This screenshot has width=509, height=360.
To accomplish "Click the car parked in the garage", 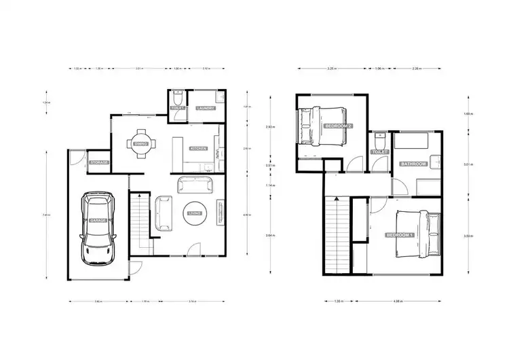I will [x=97, y=228].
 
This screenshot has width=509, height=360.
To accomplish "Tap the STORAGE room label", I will [x=98, y=162].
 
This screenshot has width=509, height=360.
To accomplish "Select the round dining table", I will [x=141, y=143].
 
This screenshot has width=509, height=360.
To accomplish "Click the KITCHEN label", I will [x=198, y=147].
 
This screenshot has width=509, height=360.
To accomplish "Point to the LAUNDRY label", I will [x=205, y=108].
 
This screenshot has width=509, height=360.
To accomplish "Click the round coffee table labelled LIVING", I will [x=195, y=213].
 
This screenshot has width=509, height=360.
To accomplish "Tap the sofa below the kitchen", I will [x=195, y=184].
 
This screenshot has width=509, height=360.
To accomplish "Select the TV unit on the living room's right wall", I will [x=220, y=211].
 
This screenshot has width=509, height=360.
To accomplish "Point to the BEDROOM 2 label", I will [x=338, y=126].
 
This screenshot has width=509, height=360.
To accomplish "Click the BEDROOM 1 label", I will [x=400, y=235].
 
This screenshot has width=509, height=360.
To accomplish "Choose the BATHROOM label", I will [x=413, y=164].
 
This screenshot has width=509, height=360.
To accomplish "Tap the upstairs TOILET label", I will [x=379, y=152].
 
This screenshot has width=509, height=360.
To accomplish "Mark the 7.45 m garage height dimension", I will [x=45, y=215].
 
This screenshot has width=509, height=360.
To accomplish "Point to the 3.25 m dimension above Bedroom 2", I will [x=331, y=69].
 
